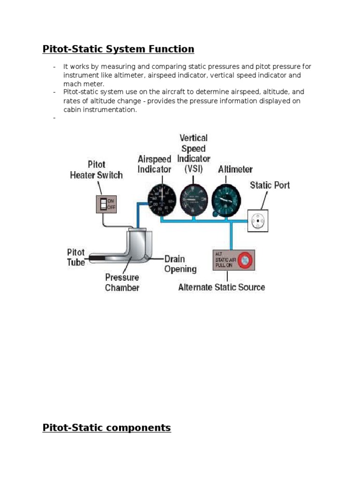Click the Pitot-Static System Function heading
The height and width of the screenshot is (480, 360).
coord(118,49)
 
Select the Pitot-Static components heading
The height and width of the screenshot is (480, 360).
coord(106,427)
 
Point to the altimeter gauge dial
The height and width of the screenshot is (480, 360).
coord(227,199)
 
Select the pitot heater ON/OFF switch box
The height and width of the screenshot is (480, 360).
coord(105,204)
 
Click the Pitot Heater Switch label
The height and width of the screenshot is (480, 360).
coord(96,170)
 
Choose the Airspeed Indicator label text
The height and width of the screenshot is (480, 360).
coord(154,164)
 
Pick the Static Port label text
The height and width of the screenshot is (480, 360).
coord(270,185)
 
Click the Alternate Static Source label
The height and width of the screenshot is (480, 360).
coord(221,287)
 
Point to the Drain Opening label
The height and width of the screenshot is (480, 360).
coord(180,263)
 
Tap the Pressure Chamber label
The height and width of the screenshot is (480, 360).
coord(122,282)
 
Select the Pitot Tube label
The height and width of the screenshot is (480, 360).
coord(76,257)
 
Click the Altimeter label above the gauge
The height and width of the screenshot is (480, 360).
coord(235,169)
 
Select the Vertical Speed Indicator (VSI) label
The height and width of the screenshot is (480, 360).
coord(194,153)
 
